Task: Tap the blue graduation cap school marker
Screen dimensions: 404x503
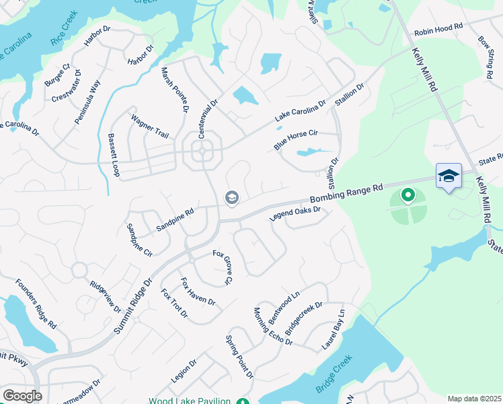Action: pyautogui.click(x=449, y=176)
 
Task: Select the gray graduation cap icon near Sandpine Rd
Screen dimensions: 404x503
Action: pyautogui.click(x=232, y=197)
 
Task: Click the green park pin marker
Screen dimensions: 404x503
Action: pyautogui.click(x=407, y=196)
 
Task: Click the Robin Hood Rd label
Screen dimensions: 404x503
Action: pyautogui.click(x=439, y=31)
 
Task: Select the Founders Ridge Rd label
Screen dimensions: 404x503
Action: pyautogui.click(x=36, y=304)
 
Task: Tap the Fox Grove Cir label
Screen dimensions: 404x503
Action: pyautogui.click(x=223, y=267)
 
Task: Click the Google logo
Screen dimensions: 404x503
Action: pyautogui.click(x=22, y=396)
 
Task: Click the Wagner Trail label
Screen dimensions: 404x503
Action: pyautogui.click(x=149, y=126)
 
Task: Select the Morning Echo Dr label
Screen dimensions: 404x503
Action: pyautogui.click(x=273, y=327)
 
